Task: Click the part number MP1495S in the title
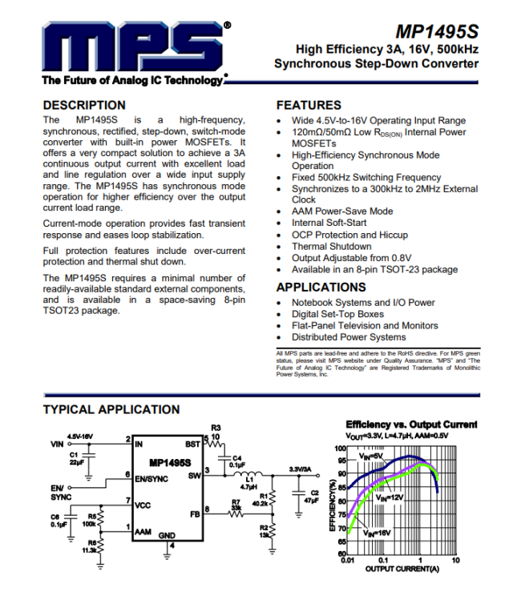pyautogui.click(x=437, y=32)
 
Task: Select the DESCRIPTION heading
pyautogui.click(x=84, y=105)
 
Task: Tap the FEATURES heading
pyautogui.click(x=309, y=105)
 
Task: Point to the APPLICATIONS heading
pyautogui.click(x=321, y=287)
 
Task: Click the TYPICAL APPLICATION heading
pyautogui.click(x=111, y=409)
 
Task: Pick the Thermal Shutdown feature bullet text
pyautogui.click(x=332, y=246)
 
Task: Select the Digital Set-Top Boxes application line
pyautogui.click(x=338, y=314)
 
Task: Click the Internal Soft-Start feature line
pyautogui.click(x=329, y=223)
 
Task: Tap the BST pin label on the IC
pyautogui.click(x=193, y=444)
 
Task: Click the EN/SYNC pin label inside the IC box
pyautogui.click(x=151, y=479)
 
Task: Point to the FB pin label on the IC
pyautogui.click(x=195, y=514)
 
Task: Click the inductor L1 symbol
pyautogui.click(x=248, y=474)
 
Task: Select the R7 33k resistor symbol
pyautogui.click(x=236, y=514)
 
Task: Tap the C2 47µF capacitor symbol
pyautogui.click(x=299, y=493)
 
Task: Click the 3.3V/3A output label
pyautogui.click(x=301, y=469)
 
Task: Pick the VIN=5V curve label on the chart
pyautogui.click(x=370, y=456)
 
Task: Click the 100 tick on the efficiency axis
pyautogui.click(x=340, y=449)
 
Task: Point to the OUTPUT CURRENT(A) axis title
pyautogui.click(x=402, y=569)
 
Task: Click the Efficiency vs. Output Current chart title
pyautogui.click(x=411, y=425)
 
